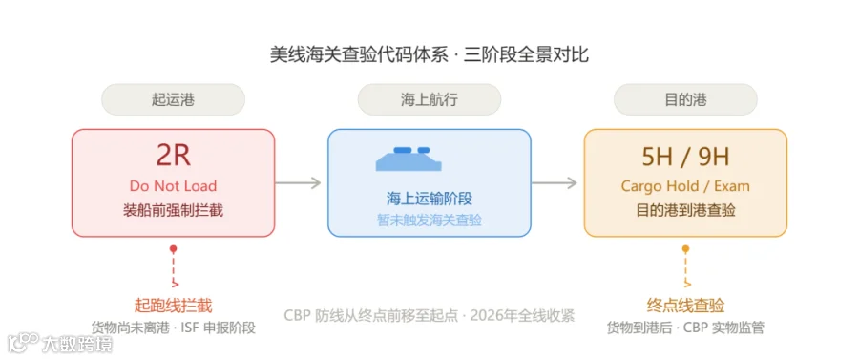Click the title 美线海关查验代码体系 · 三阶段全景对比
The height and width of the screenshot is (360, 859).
pyautogui.click(x=429, y=55)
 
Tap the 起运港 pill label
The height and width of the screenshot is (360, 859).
pyautogui.click(x=173, y=99)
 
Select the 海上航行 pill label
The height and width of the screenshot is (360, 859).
pyautogui.click(x=429, y=99)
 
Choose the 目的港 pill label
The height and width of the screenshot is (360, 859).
pyautogui.click(x=685, y=99)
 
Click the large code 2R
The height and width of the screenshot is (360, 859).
pyautogui.click(x=173, y=156)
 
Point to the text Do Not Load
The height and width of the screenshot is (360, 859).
pyautogui.click(x=173, y=186)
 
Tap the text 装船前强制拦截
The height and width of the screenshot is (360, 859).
pyautogui.click(x=173, y=210)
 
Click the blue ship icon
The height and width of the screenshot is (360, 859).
pyautogui.click(x=409, y=159)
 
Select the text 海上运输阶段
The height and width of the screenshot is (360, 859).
pyautogui.click(x=429, y=199)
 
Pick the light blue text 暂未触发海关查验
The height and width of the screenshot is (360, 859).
pyautogui.click(x=429, y=220)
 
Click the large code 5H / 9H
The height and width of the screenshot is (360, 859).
pyautogui.click(x=685, y=158)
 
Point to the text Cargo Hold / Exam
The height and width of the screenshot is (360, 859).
pyautogui.click(x=685, y=186)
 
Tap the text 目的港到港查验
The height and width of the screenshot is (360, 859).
pyautogui.click(x=685, y=210)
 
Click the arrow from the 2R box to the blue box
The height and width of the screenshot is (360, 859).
pyautogui.click(x=298, y=183)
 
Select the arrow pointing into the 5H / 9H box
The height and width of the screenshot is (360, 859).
pyautogui.click(x=555, y=183)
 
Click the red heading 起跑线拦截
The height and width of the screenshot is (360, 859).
pyautogui.click(x=173, y=306)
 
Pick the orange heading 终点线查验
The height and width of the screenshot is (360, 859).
pyautogui.click(x=685, y=306)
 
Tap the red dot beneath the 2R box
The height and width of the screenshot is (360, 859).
pyautogui.click(x=173, y=249)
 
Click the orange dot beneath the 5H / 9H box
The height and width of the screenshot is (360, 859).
pyautogui.click(x=685, y=249)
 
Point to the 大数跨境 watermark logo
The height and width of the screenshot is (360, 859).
pyautogui.click(x=60, y=344)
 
